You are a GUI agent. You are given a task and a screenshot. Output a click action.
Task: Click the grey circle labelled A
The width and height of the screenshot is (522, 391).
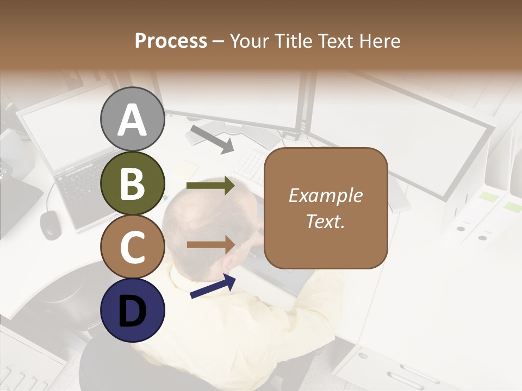coord(132,119)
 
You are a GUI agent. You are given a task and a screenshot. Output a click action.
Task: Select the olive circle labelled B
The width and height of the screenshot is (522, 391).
coord(132,183)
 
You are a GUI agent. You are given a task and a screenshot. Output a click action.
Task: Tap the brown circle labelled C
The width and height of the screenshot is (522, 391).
coord(132,247)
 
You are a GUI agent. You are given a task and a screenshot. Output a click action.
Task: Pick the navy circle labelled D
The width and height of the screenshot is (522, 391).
coord(132,310)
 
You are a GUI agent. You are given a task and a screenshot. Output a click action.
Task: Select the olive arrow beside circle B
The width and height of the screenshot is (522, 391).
coord(210,186)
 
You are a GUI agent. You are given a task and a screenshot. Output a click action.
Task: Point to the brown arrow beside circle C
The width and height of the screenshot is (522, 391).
coord(211,244)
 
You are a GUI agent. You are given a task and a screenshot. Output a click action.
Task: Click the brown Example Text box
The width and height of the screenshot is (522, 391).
coord(326,208)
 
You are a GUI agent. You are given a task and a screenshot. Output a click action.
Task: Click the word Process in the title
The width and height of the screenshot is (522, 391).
coord(171,41)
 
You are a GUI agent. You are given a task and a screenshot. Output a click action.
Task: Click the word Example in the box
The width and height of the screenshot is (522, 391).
coord(326,195)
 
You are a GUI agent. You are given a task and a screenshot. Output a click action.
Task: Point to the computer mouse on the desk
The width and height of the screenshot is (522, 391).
coord(51,224)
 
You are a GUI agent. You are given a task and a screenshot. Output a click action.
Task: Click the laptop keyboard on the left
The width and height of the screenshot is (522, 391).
coord(82,187)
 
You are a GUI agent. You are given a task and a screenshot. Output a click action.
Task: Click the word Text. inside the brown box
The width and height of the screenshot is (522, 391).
coord(326,221)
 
